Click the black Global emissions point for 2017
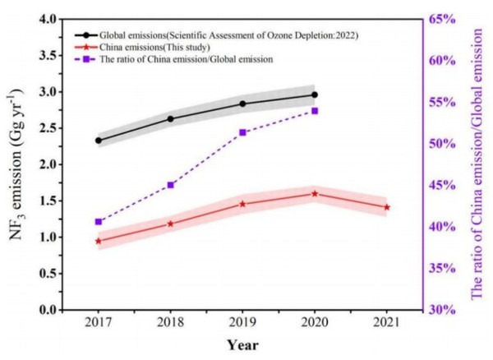pyautogui.click(x=99, y=141)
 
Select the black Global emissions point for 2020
pyautogui.click(x=315, y=95)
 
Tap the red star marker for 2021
pyautogui.click(x=387, y=207)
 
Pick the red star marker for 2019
pyautogui.click(x=242, y=204)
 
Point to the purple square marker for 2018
pyautogui.click(x=170, y=185)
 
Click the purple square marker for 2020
pyautogui.click(x=315, y=110)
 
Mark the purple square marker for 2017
pyautogui.click(x=99, y=221)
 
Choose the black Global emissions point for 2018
pyautogui.click(x=170, y=119)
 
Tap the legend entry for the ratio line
pyautogui.click(x=185, y=60)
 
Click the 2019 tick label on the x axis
pyautogui.click(x=242, y=322)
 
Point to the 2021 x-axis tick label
pyautogui.click(x=387, y=322)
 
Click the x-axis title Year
pyautogui.click(x=244, y=344)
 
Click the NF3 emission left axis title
pyautogui.click(x=16, y=164)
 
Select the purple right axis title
pyautogui.click(x=478, y=164)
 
